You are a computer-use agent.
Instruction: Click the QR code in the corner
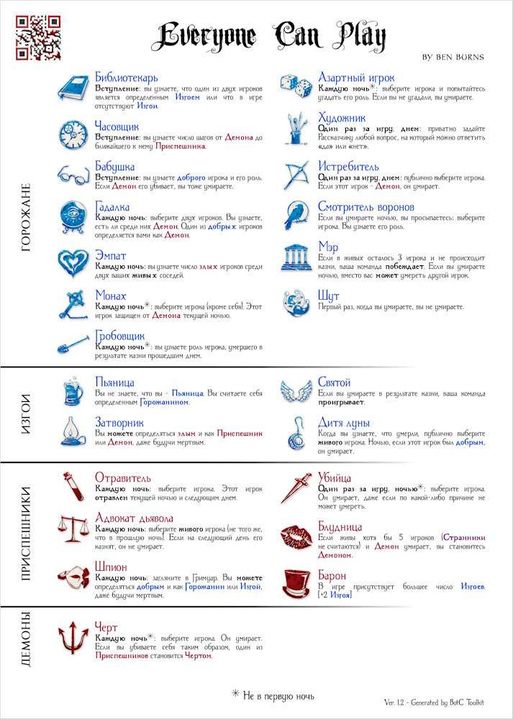(38, 37)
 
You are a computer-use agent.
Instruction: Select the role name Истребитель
(349, 166)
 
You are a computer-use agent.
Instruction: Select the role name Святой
(335, 383)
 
